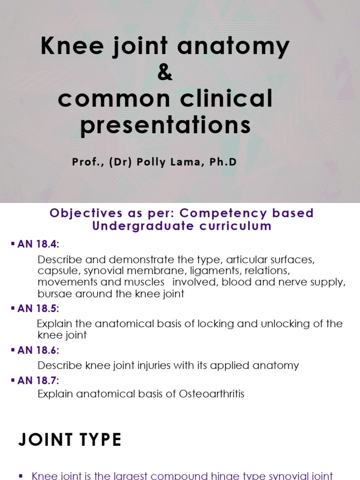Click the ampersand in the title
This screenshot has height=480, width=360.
(165, 73)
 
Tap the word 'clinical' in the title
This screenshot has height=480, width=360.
(227, 99)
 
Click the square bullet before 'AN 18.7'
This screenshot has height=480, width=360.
(13, 380)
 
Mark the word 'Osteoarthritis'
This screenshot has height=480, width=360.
(211, 394)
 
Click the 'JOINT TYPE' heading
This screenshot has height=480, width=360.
(70, 440)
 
